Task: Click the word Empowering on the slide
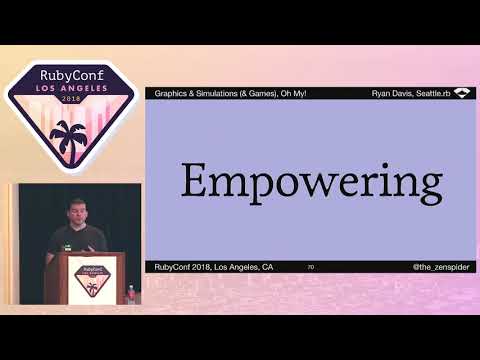(311, 183)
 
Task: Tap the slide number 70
(311, 267)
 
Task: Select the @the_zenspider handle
(442, 267)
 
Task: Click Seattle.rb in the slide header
(432, 93)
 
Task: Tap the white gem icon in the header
(462, 93)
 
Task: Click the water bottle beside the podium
(132, 294)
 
